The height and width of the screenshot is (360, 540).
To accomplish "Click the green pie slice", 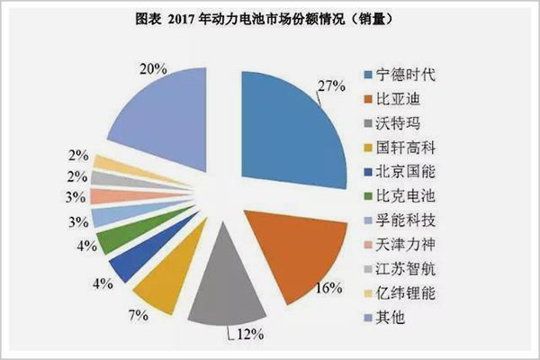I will point(118,239).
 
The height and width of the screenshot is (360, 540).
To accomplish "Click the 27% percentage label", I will point(333,86).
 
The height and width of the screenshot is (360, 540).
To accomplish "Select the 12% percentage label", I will point(250,335).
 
